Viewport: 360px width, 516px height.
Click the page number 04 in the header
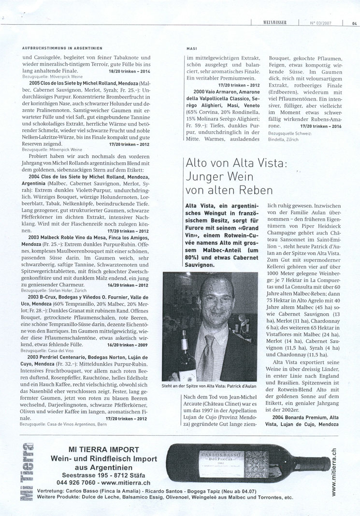(354, 21)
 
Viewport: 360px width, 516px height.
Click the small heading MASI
(190, 48)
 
